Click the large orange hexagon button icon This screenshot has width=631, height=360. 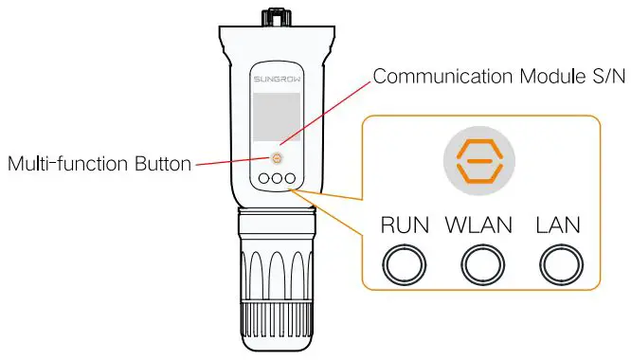(479, 161)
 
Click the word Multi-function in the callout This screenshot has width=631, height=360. (65, 164)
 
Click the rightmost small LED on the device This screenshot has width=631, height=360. (291, 178)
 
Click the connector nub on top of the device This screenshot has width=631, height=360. (276, 16)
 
